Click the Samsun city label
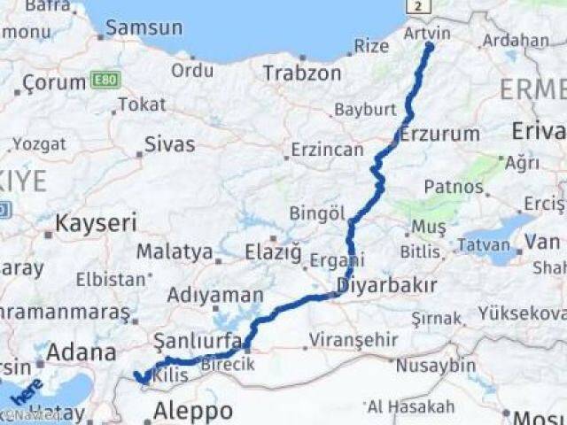pos(144,27)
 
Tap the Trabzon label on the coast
pos(302,73)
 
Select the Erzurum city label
pos(439,135)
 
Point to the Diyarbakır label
pos(387,285)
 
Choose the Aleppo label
pos(192,411)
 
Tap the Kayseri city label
pos(96,222)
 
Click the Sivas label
pos(169,144)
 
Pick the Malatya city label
pos(175,252)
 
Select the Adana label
pos(81,352)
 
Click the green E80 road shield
pos(102,81)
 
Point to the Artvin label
pos(427,33)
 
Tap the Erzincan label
pos(327,150)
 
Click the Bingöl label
pos(317,212)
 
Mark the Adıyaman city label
pos(214,295)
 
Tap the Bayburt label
pos(364,111)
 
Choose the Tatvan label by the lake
pos(487,243)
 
